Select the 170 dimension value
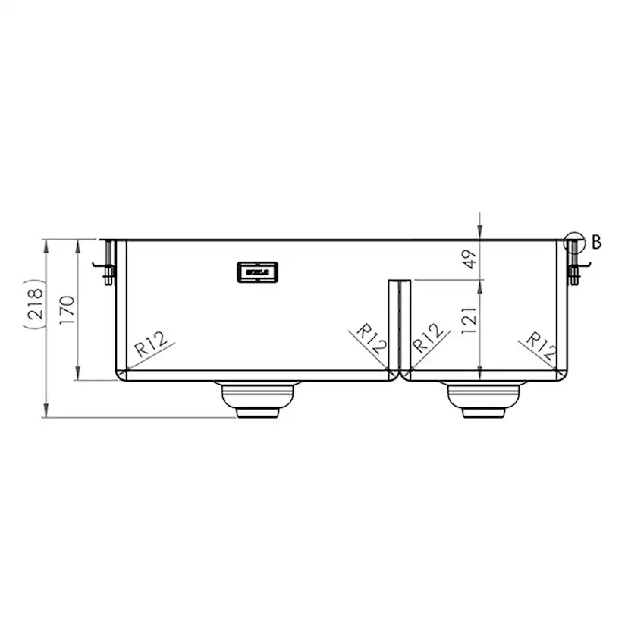point(68,309)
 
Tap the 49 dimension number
point(469,259)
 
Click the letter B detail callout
point(595,243)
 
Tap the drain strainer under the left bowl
point(258,399)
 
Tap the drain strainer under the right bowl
point(483,399)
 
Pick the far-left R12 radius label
point(152,346)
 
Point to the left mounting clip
point(107,262)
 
